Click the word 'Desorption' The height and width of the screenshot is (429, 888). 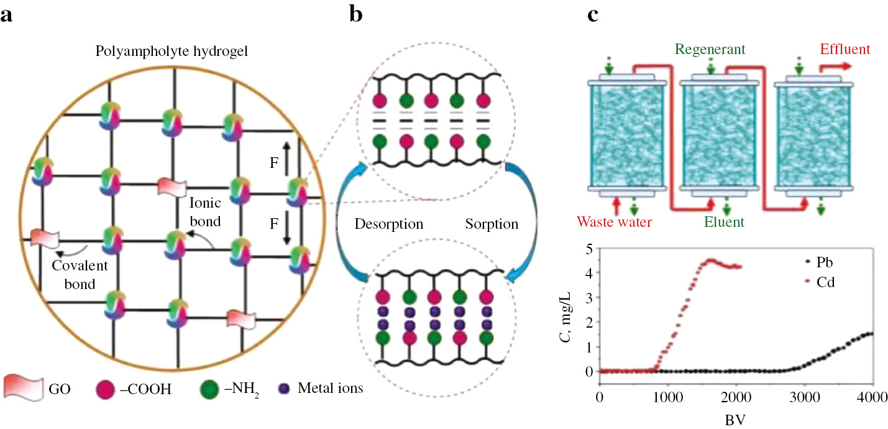(x=389, y=224)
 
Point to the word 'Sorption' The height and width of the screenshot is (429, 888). (x=492, y=224)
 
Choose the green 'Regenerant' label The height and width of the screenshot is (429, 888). (x=710, y=48)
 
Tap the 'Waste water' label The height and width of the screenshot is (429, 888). (x=615, y=221)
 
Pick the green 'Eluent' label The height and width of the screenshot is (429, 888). (x=724, y=221)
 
